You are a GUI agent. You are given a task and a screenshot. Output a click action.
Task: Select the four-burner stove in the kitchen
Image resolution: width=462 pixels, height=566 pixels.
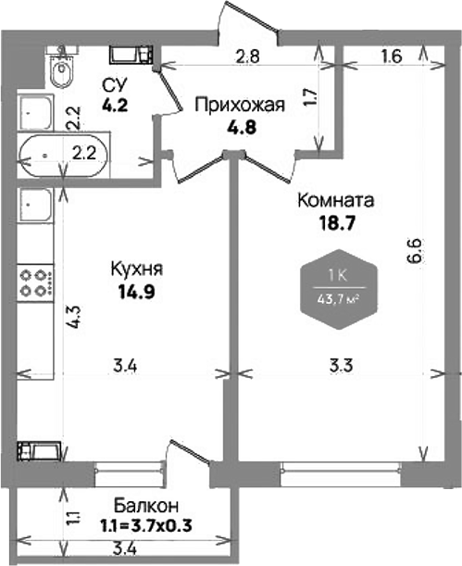click(35, 281)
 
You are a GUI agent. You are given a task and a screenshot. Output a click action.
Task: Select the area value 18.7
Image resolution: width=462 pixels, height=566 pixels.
click(335, 222)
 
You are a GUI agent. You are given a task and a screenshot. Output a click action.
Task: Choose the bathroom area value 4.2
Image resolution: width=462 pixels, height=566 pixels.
click(115, 104)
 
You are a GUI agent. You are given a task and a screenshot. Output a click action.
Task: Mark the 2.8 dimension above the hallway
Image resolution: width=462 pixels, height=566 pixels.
click(246, 55)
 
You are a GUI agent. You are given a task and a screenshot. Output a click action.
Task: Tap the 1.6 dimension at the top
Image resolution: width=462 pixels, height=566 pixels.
click(390, 55)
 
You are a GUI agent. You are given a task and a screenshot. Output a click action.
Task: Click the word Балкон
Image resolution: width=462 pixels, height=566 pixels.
click(146, 507)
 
